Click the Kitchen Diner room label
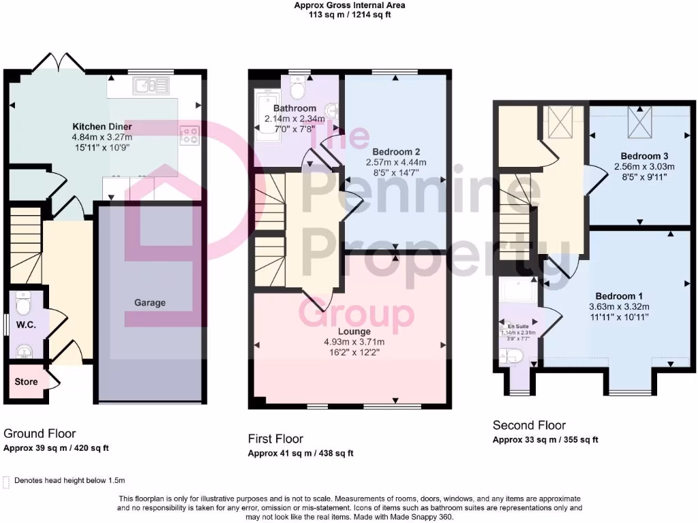[x=102, y=127]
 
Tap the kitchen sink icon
[x=151, y=85]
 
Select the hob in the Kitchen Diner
[x=188, y=135]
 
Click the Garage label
[x=149, y=302]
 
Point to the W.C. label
[x=26, y=324]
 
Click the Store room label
[x=26, y=382]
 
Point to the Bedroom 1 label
[x=619, y=296]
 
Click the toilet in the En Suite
[x=513, y=355]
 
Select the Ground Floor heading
[x=40, y=433]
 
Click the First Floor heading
[x=275, y=439]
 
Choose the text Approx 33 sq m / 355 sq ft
[x=545, y=440]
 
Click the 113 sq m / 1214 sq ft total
[x=349, y=14]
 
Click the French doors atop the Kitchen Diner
[x=59, y=62]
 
